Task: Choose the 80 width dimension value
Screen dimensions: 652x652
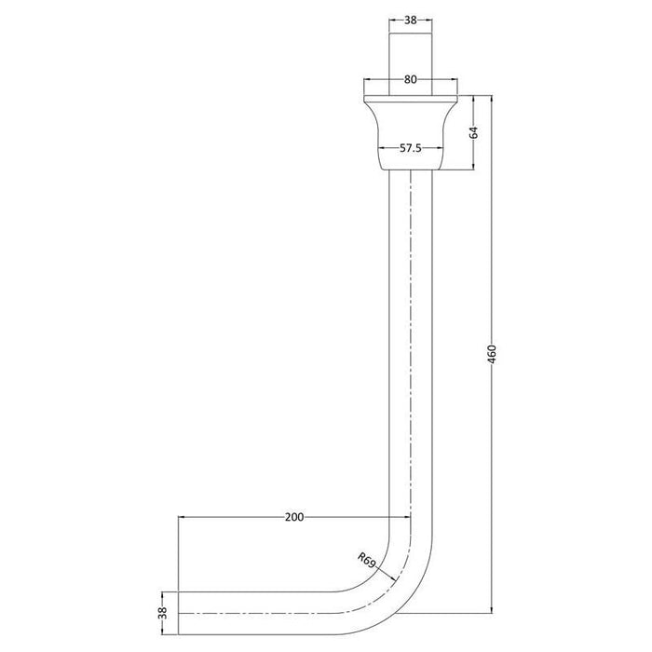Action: pos(410,79)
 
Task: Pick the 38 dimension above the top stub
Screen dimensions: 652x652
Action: pos(410,19)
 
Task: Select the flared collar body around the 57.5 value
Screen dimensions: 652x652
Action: pos(410,130)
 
